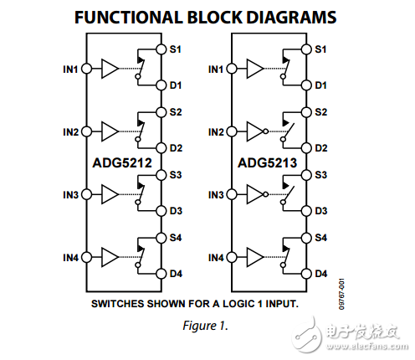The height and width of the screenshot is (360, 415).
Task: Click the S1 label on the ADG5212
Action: coord(176,49)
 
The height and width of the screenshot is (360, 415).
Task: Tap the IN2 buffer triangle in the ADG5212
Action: coord(110,131)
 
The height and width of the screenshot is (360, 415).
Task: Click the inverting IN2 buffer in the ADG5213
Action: coord(256,131)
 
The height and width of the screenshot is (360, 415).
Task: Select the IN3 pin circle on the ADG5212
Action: coord(85,194)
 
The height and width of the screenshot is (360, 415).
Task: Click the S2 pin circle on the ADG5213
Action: coord(308,112)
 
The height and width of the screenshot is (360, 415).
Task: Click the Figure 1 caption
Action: coord(207,325)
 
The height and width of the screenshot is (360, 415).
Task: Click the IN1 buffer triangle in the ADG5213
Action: coord(256,69)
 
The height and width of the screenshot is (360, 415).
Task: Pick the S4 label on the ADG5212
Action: coord(176,238)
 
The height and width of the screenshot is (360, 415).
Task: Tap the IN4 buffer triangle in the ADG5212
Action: coord(110,256)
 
